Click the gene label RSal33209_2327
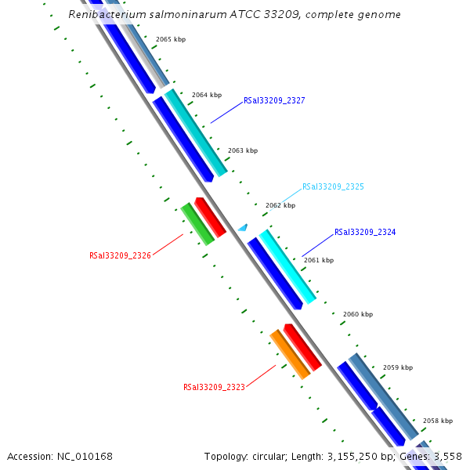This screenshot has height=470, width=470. [x=274, y=100]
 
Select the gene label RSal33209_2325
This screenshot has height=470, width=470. [x=333, y=187]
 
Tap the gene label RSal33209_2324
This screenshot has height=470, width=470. [x=365, y=233]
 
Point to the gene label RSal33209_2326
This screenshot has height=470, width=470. [x=120, y=255]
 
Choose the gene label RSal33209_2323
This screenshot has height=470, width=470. [x=214, y=387]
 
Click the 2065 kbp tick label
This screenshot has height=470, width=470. [x=171, y=39]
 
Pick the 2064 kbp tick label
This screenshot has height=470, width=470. [x=207, y=95]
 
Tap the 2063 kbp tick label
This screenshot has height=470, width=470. [x=243, y=150]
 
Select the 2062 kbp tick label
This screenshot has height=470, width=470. [x=280, y=205]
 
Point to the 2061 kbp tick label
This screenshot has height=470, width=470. [x=319, y=260]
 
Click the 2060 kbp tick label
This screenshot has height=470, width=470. [x=358, y=314]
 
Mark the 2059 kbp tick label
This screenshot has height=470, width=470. [x=398, y=367]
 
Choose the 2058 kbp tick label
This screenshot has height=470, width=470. [x=438, y=421]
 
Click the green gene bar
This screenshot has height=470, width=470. [x=197, y=224]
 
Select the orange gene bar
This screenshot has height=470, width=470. [x=290, y=355]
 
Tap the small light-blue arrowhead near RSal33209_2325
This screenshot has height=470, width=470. [x=243, y=228]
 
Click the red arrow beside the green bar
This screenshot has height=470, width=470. [x=211, y=217]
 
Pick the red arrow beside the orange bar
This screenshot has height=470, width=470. [x=302, y=347]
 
